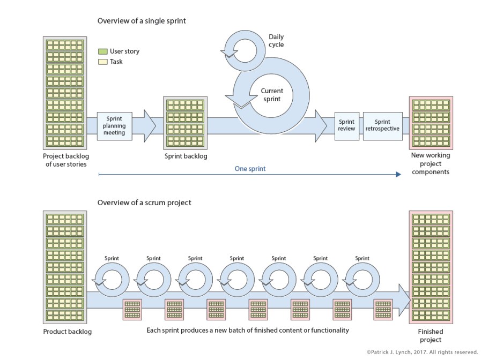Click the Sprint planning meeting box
click(x=115, y=126)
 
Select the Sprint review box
click(x=346, y=125)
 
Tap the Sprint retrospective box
click(x=383, y=125)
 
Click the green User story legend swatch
click(x=103, y=51)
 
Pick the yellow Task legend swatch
click(x=103, y=62)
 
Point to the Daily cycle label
click(x=276, y=41)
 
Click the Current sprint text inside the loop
click(x=272, y=95)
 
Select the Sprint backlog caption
click(x=186, y=156)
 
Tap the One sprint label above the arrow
click(x=250, y=169)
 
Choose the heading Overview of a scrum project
click(x=144, y=202)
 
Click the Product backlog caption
click(x=68, y=332)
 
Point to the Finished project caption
click(x=431, y=336)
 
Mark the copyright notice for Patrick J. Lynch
click(x=422, y=352)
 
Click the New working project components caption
click(x=431, y=163)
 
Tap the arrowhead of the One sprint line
click(x=398, y=174)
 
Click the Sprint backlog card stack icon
click(x=185, y=122)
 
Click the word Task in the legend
click(x=116, y=62)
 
